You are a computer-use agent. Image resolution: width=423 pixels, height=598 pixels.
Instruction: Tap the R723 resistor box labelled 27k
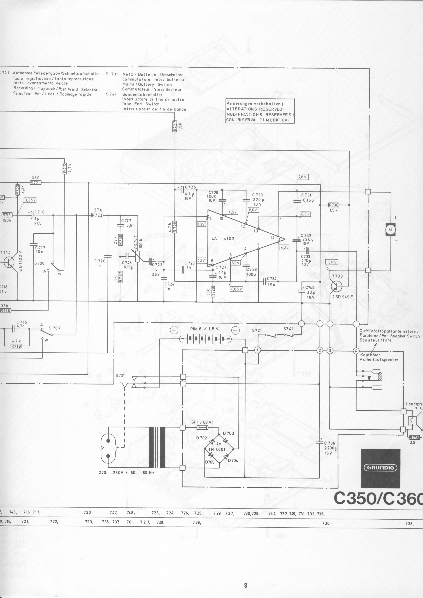pos(97,215)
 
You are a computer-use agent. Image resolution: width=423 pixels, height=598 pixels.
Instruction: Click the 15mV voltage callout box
pos(332,262)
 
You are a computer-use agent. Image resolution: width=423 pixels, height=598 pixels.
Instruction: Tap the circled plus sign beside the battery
pos(174,330)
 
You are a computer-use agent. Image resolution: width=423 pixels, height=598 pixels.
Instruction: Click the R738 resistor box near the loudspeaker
pos(414,438)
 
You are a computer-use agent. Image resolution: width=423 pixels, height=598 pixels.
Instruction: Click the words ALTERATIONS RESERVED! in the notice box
pos(255,109)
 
